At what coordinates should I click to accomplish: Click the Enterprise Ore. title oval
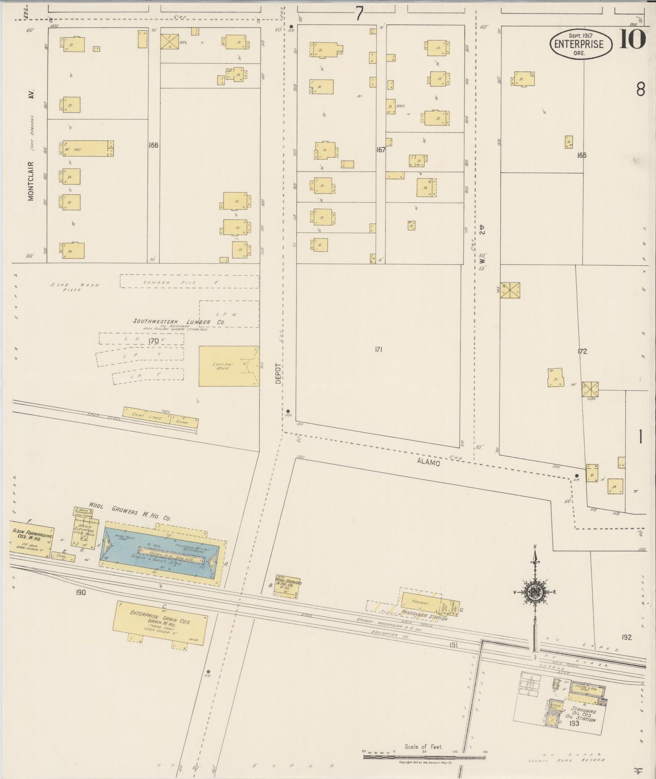[x=581, y=44]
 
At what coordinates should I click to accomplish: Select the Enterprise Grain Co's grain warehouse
[x=160, y=622]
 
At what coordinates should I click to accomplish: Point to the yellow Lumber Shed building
[x=228, y=366]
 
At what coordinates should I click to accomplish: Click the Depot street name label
[x=278, y=373]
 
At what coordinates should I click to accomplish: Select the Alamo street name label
[x=428, y=462]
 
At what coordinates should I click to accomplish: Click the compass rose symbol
[x=535, y=592]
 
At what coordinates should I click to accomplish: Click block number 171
[x=379, y=350]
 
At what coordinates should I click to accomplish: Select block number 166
[x=153, y=145]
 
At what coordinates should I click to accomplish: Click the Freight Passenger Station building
[x=421, y=604]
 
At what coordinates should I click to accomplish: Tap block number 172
[x=582, y=351]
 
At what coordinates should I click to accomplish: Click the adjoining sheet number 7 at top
[x=359, y=14]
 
